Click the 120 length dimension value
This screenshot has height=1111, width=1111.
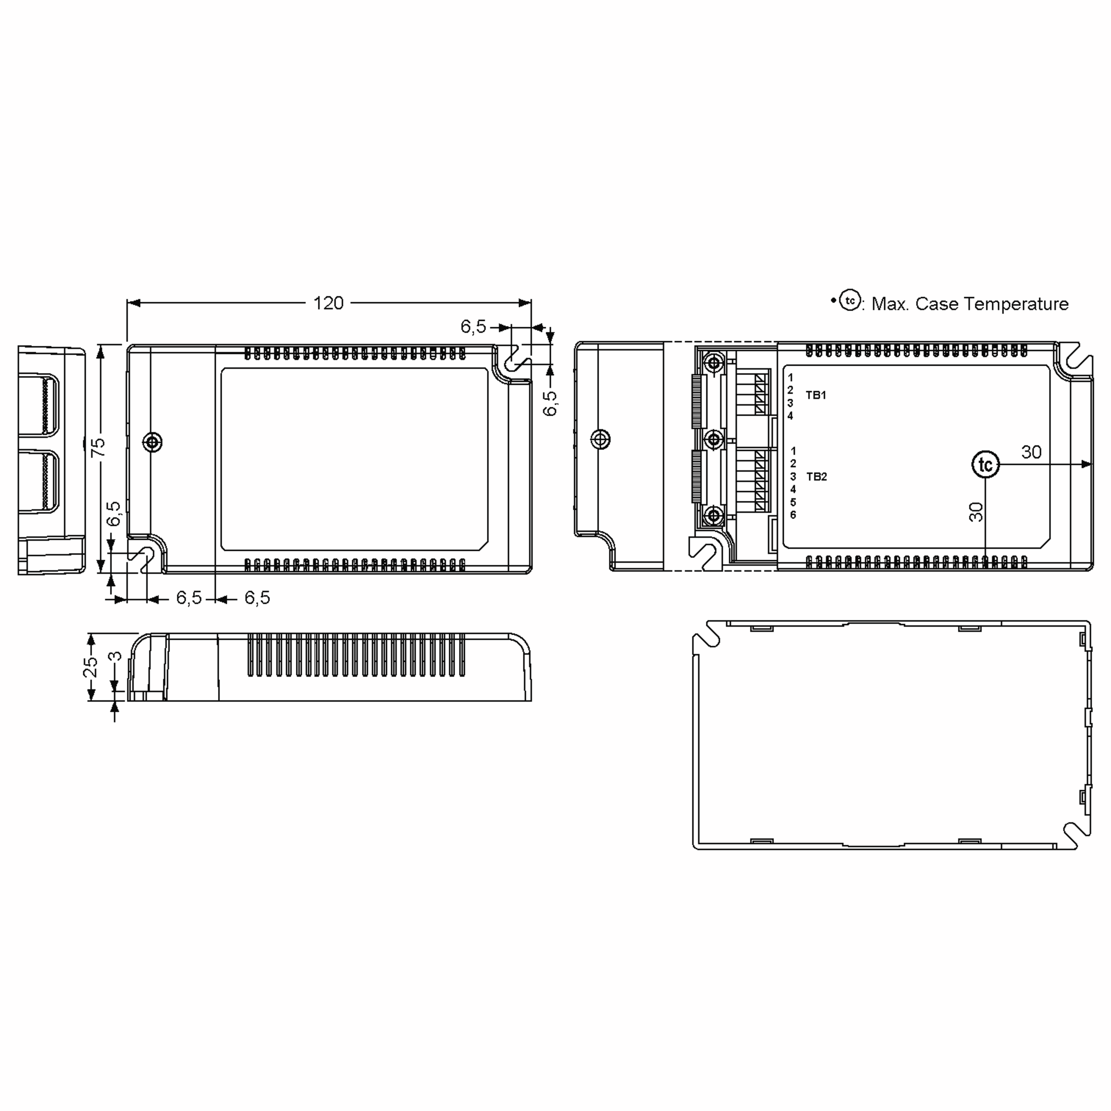click(x=328, y=303)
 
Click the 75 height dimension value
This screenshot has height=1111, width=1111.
click(x=99, y=446)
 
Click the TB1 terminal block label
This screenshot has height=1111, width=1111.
click(x=815, y=395)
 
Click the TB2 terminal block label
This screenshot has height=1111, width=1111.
click(x=816, y=477)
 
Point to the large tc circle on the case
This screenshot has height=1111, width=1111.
click(x=985, y=465)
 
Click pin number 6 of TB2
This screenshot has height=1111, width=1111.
click(x=793, y=515)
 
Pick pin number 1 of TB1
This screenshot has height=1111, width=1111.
click(x=790, y=377)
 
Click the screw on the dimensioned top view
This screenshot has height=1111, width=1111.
click(x=152, y=442)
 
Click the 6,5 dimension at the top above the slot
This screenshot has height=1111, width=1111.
click(x=473, y=327)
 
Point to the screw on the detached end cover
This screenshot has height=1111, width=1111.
click(x=601, y=439)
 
